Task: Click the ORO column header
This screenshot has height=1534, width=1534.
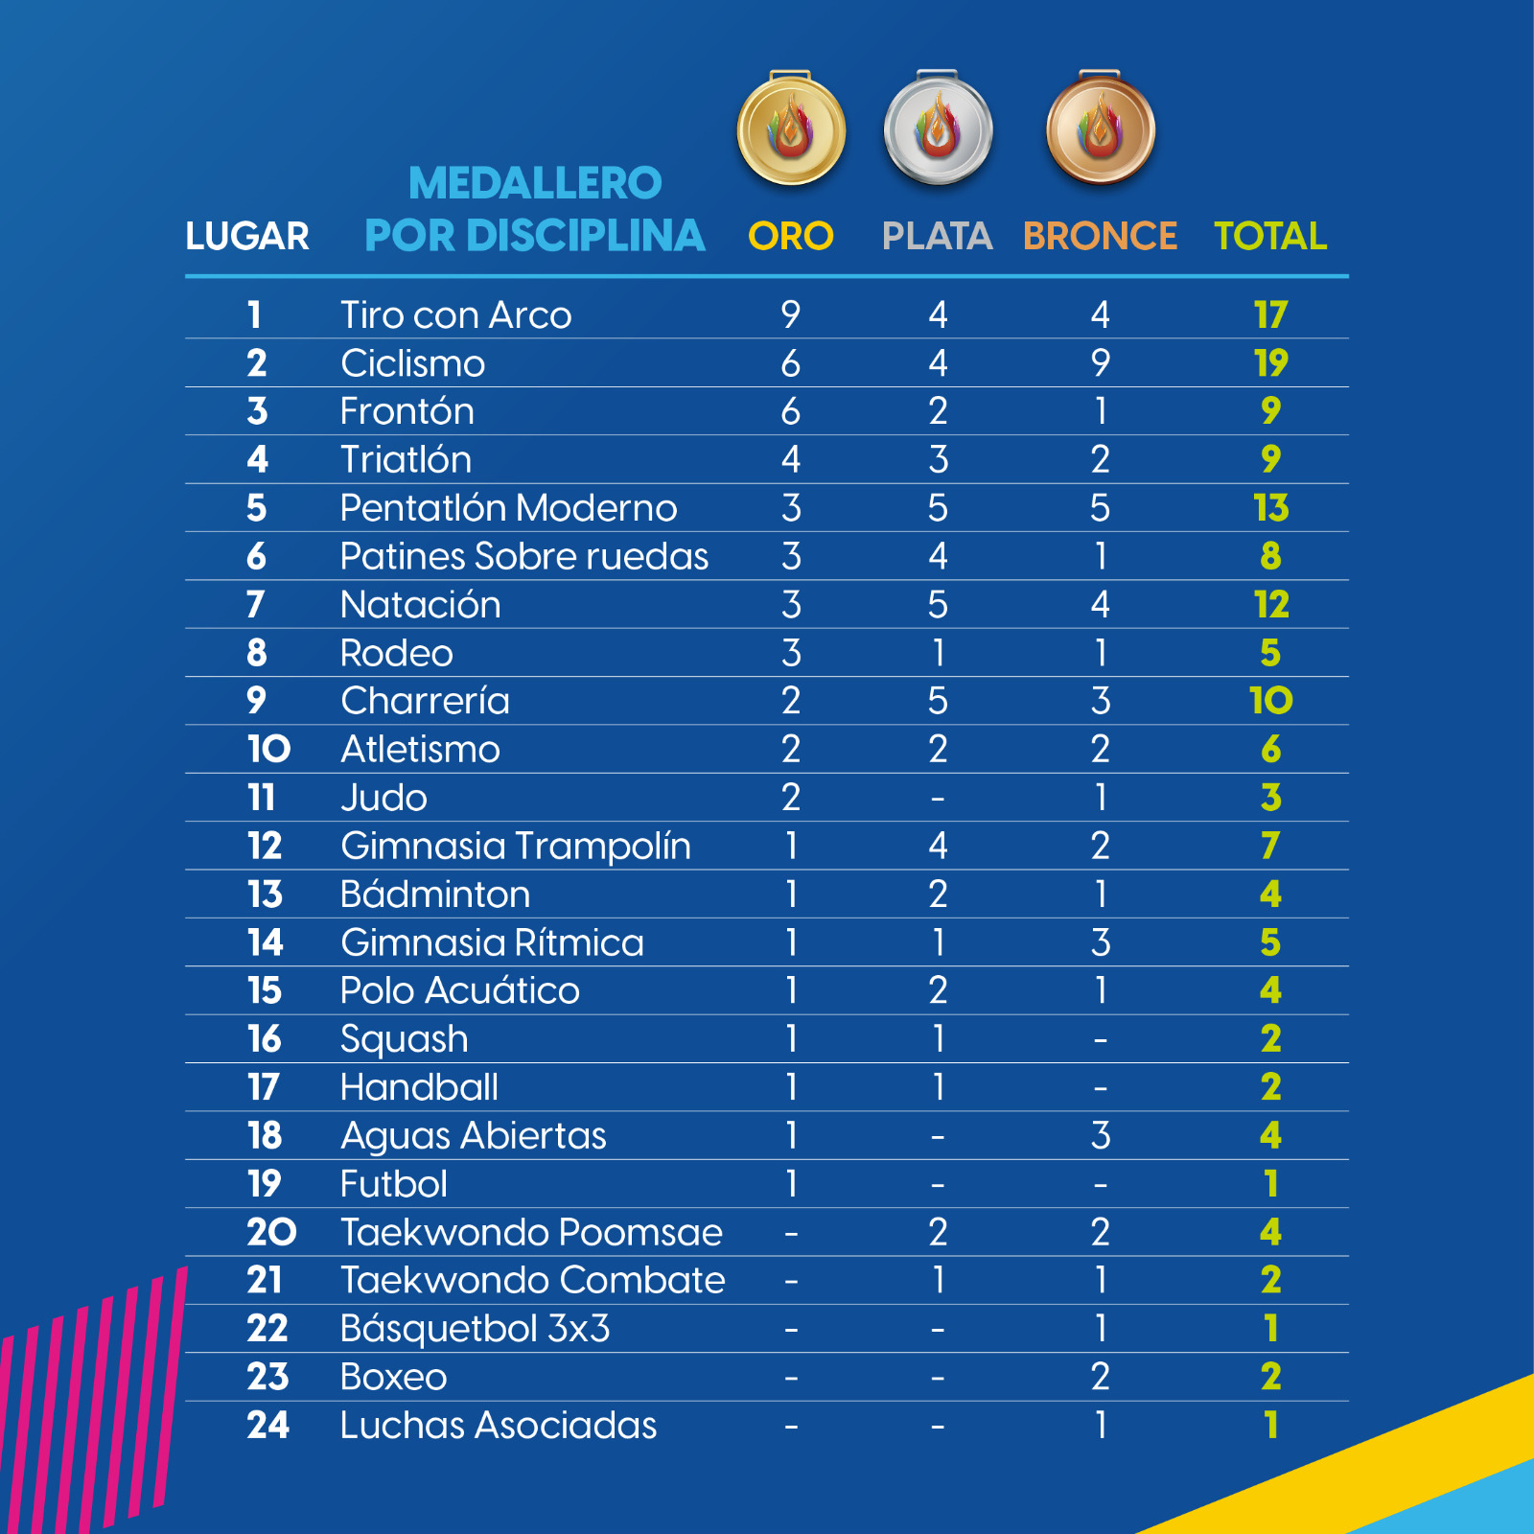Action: tap(791, 236)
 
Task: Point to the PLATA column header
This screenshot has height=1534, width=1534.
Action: tap(938, 236)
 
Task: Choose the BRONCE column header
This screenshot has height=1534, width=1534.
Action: tap(1100, 236)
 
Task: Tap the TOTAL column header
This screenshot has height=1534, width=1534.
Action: tap(1270, 236)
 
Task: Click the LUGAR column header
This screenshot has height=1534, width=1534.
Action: tap(247, 236)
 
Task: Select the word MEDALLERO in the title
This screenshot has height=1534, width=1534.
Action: tap(535, 183)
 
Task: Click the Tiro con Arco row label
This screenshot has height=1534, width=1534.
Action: tap(456, 315)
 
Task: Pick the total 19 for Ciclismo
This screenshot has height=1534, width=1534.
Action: tap(1270, 363)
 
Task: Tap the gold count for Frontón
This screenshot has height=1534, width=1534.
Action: tap(791, 411)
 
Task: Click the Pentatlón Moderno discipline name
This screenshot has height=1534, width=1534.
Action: tap(509, 508)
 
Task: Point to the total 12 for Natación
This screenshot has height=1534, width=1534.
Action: tap(1270, 605)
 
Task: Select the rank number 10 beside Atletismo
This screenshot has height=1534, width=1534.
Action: tap(268, 750)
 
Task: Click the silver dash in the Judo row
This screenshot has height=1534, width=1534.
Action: tap(938, 799)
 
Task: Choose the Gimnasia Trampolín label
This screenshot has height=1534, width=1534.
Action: tap(516, 847)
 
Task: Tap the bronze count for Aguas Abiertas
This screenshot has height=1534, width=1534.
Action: tap(1101, 1136)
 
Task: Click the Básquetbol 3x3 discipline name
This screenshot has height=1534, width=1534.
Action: tap(476, 1330)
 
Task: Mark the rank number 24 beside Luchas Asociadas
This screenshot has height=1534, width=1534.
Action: tap(267, 1426)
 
